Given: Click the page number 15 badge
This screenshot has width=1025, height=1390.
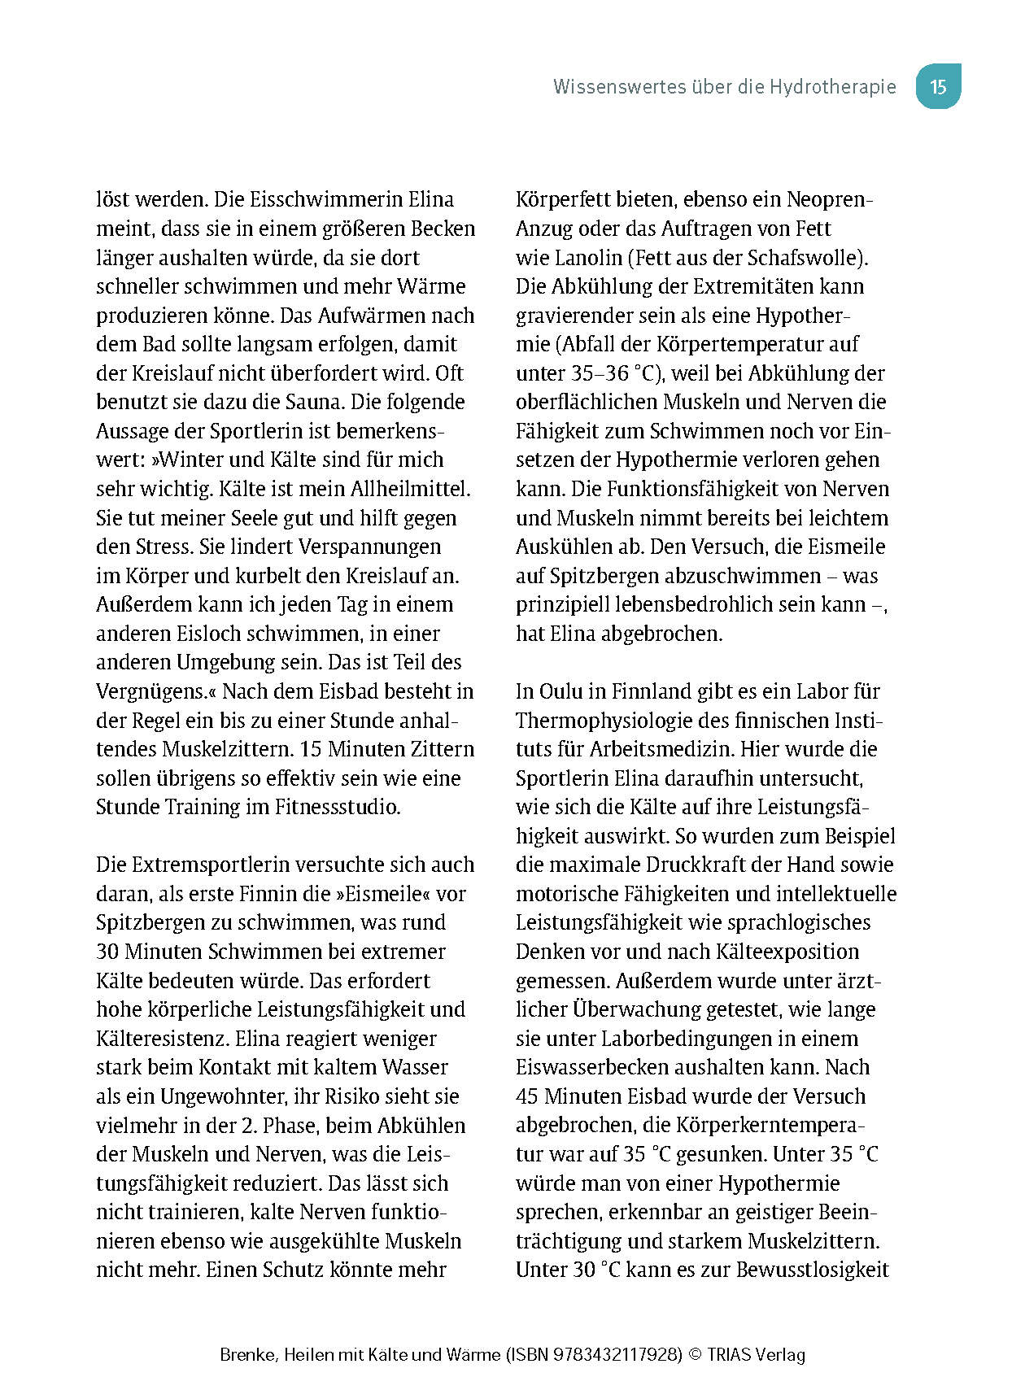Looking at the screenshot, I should (938, 87).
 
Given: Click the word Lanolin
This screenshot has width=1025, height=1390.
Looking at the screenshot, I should (588, 258).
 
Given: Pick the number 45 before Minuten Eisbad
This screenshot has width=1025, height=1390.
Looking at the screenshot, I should (526, 1096).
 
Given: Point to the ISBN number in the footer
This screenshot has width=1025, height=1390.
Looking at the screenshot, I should (617, 1355).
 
